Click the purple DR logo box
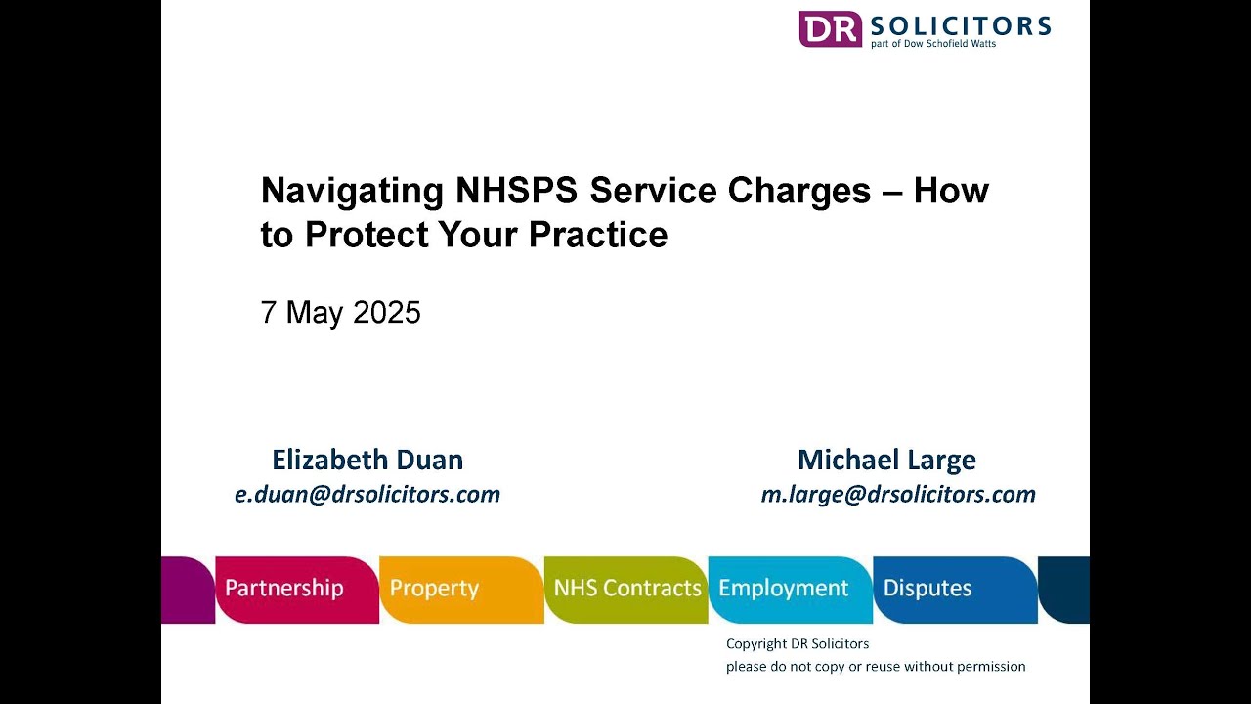pos(830,28)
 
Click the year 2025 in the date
pos(387,312)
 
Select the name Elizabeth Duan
pos(367,460)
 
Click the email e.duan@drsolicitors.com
pos(367,495)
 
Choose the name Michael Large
pos(886,460)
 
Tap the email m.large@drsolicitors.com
pos(898,495)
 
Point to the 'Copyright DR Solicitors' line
pos(798,643)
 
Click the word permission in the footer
pos(989,667)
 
